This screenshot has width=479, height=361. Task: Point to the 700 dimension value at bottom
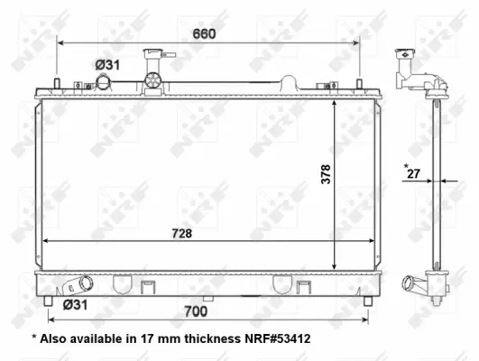(196, 311)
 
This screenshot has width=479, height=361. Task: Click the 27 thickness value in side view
(414, 175)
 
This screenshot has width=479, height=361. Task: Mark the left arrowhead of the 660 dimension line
(60, 42)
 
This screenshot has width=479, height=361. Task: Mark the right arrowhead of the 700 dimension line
(365, 318)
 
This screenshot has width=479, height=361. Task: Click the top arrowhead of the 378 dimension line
(336, 102)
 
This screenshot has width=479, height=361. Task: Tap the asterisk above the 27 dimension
(407, 165)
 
